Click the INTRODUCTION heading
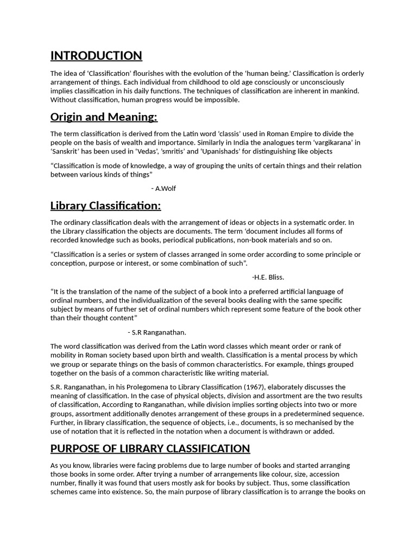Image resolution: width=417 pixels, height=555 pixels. pos(96,56)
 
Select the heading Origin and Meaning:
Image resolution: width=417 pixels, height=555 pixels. pos(104,117)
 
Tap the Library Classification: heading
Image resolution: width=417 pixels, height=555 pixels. pos(105,206)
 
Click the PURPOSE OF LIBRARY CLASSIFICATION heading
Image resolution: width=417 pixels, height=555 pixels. pos(150,449)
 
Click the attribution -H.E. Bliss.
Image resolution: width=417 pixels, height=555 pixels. pos(268,277)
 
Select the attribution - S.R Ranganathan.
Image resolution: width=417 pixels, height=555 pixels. pos(157,332)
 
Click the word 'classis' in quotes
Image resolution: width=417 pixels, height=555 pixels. pos(239,134)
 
